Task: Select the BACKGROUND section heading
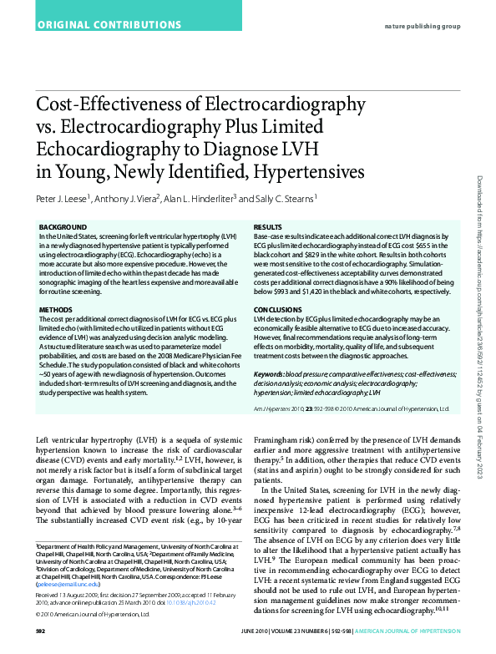point(63,227)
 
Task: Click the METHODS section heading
point(56,309)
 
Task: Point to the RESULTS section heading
point(267,227)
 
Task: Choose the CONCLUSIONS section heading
point(278,309)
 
